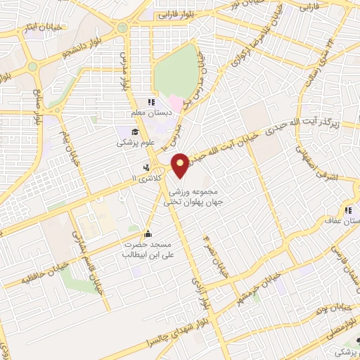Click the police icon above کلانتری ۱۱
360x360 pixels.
pyautogui.click(x=146, y=167)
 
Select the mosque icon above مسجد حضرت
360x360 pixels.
pyautogui.click(x=148, y=233)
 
